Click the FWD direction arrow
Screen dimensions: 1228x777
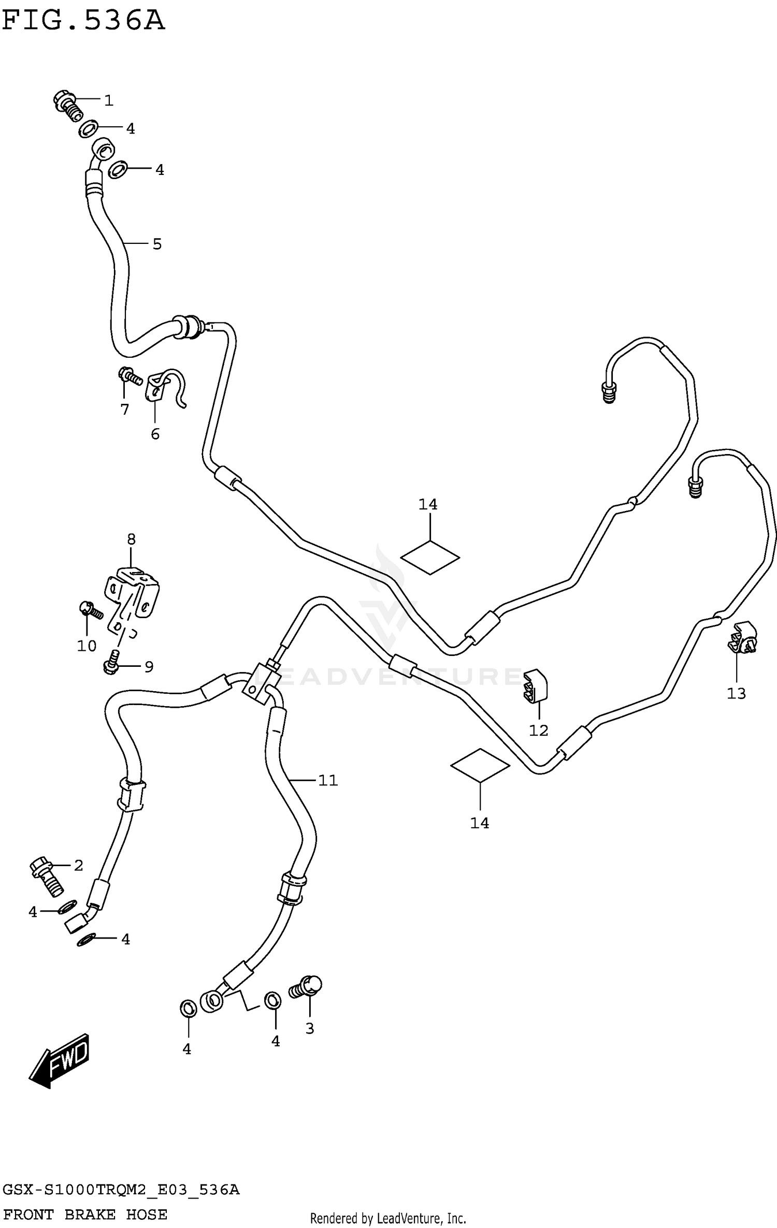coord(60,1060)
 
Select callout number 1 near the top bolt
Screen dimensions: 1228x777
coord(108,100)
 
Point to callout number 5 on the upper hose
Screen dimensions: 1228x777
coord(157,244)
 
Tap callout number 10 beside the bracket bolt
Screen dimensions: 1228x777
coord(87,646)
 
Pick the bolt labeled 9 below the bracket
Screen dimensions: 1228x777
coord(111,662)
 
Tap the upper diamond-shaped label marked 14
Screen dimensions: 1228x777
coord(430,558)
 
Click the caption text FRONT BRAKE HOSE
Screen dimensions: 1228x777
coord(85,1214)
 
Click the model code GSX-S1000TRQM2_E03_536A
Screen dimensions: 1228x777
coord(120,1188)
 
